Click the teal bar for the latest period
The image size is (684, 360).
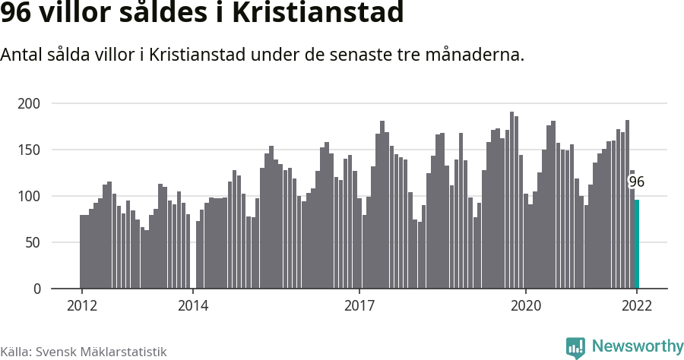[637, 244]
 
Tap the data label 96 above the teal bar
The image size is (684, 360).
[636, 182]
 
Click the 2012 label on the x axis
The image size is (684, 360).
[81, 305]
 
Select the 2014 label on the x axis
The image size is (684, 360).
[193, 305]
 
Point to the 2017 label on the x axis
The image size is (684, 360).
[359, 305]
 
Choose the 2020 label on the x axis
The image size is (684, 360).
[526, 305]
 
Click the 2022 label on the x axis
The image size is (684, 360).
[637, 305]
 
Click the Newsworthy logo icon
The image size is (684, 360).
[575, 347]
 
